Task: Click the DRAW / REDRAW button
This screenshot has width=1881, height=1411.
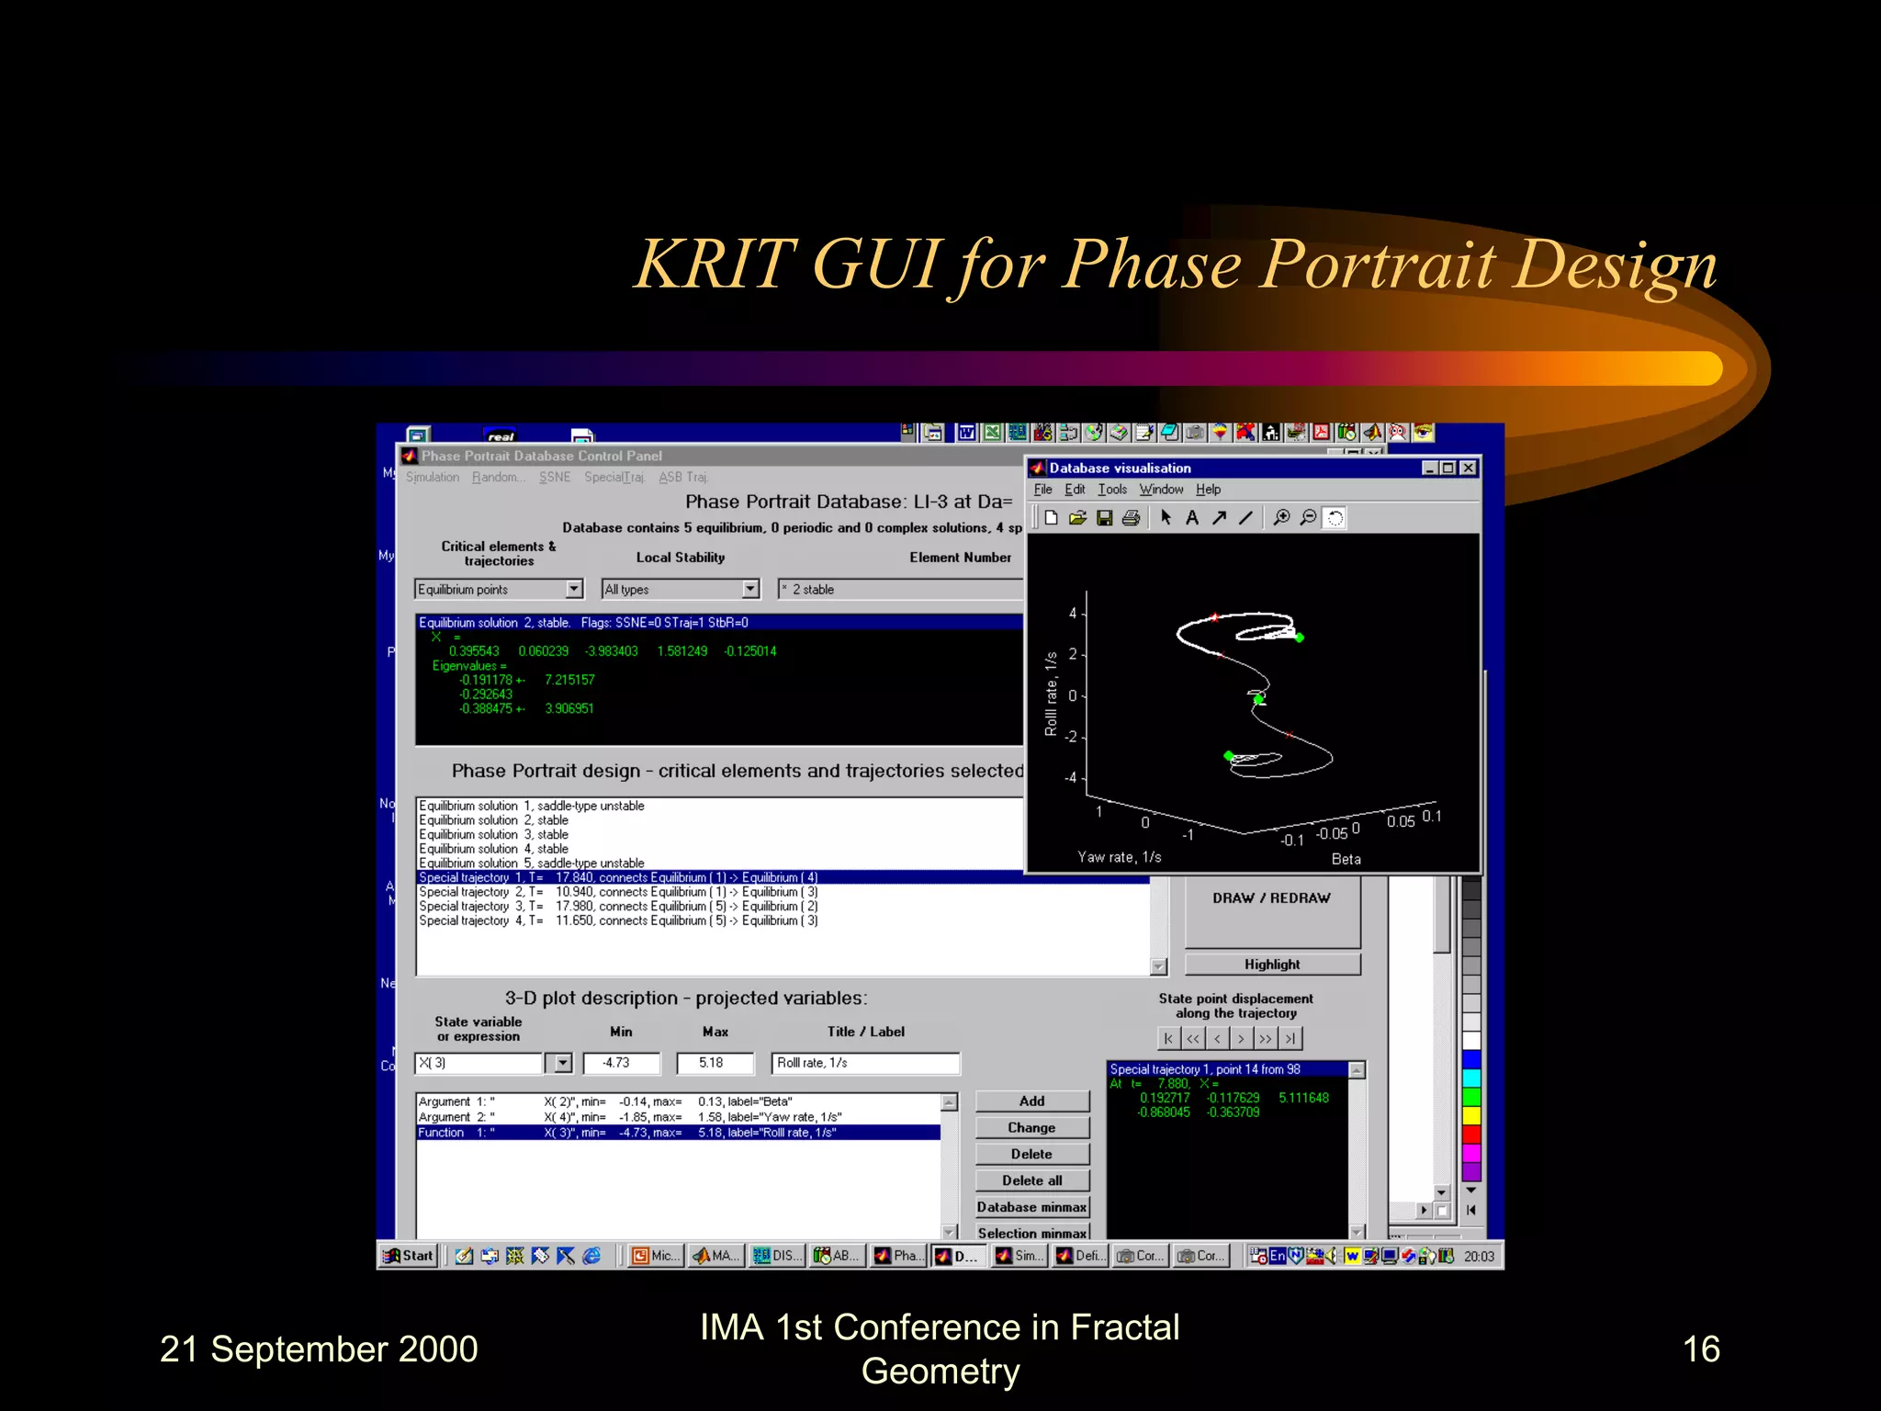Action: [1271, 898]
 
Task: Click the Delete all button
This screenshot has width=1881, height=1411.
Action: [1031, 1180]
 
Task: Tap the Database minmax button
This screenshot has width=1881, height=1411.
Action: [1031, 1207]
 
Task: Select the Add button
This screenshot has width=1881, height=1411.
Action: [1031, 1101]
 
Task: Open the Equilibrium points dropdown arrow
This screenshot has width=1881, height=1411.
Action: [574, 589]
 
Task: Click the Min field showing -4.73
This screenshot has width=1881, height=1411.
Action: [621, 1063]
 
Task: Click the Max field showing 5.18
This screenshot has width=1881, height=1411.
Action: [715, 1063]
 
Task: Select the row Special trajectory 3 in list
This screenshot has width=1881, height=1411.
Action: [617, 907]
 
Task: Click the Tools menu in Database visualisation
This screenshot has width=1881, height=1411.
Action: [1111, 490]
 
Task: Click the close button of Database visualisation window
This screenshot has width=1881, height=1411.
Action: [1469, 468]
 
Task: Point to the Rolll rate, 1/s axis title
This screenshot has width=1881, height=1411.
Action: [1051, 694]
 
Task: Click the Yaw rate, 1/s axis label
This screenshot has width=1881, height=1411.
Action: [1119, 857]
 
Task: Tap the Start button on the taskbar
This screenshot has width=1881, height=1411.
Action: [409, 1256]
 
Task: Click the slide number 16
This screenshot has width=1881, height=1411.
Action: [1700, 1349]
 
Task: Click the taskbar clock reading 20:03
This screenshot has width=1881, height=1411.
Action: [1479, 1256]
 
